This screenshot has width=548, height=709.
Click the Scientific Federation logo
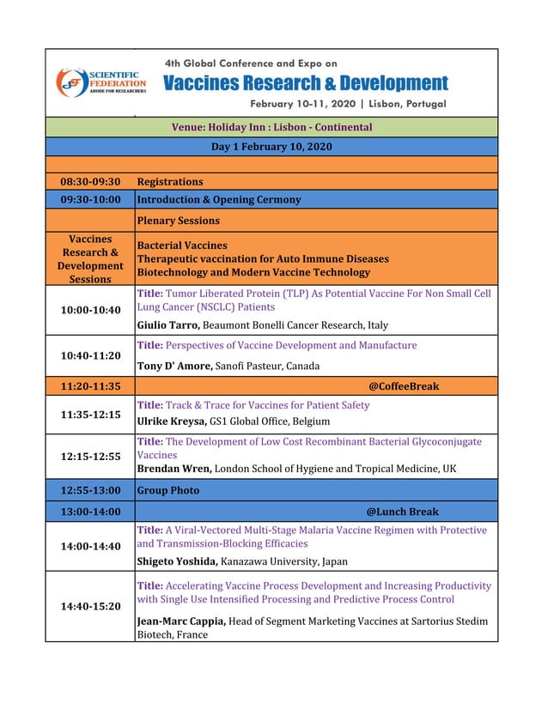(x=100, y=82)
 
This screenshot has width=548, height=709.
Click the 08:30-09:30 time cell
(x=90, y=182)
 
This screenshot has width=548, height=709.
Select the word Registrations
(x=170, y=182)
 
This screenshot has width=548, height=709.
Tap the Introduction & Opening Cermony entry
(x=219, y=200)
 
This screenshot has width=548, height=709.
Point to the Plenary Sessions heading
(x=178, y=221)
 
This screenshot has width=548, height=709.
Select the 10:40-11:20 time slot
(x=90, y=355)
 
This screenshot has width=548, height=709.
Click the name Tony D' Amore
(x=174, y=366)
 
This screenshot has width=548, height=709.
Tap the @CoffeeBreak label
(x=404, y=386)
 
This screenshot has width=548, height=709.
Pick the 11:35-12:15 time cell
(x=90, y=415)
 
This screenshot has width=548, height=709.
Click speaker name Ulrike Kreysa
(x=172, y=421)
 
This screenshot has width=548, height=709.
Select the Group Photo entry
(x=168, y=491)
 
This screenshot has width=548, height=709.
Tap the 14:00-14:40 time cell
(x=90, y=546)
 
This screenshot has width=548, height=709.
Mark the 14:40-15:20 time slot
(x=90, y=606)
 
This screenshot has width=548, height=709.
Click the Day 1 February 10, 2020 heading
(x=271, y=147)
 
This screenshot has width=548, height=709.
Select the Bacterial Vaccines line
(x=182, y=245)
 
